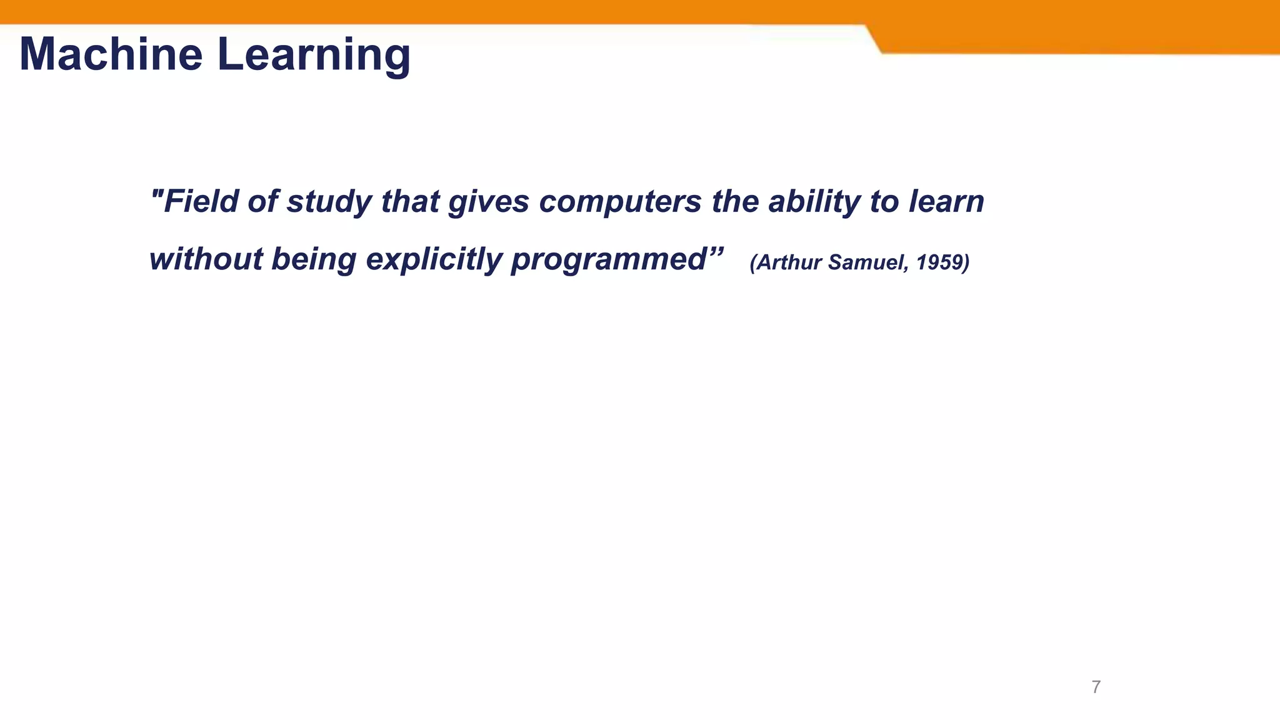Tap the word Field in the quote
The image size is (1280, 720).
tap(201, 201)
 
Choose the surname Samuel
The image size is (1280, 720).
tap(868, 262)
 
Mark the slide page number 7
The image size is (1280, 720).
tap(1096, 687)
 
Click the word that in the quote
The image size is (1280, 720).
tap(410, 201)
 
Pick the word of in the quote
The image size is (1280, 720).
tap(262, 201)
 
